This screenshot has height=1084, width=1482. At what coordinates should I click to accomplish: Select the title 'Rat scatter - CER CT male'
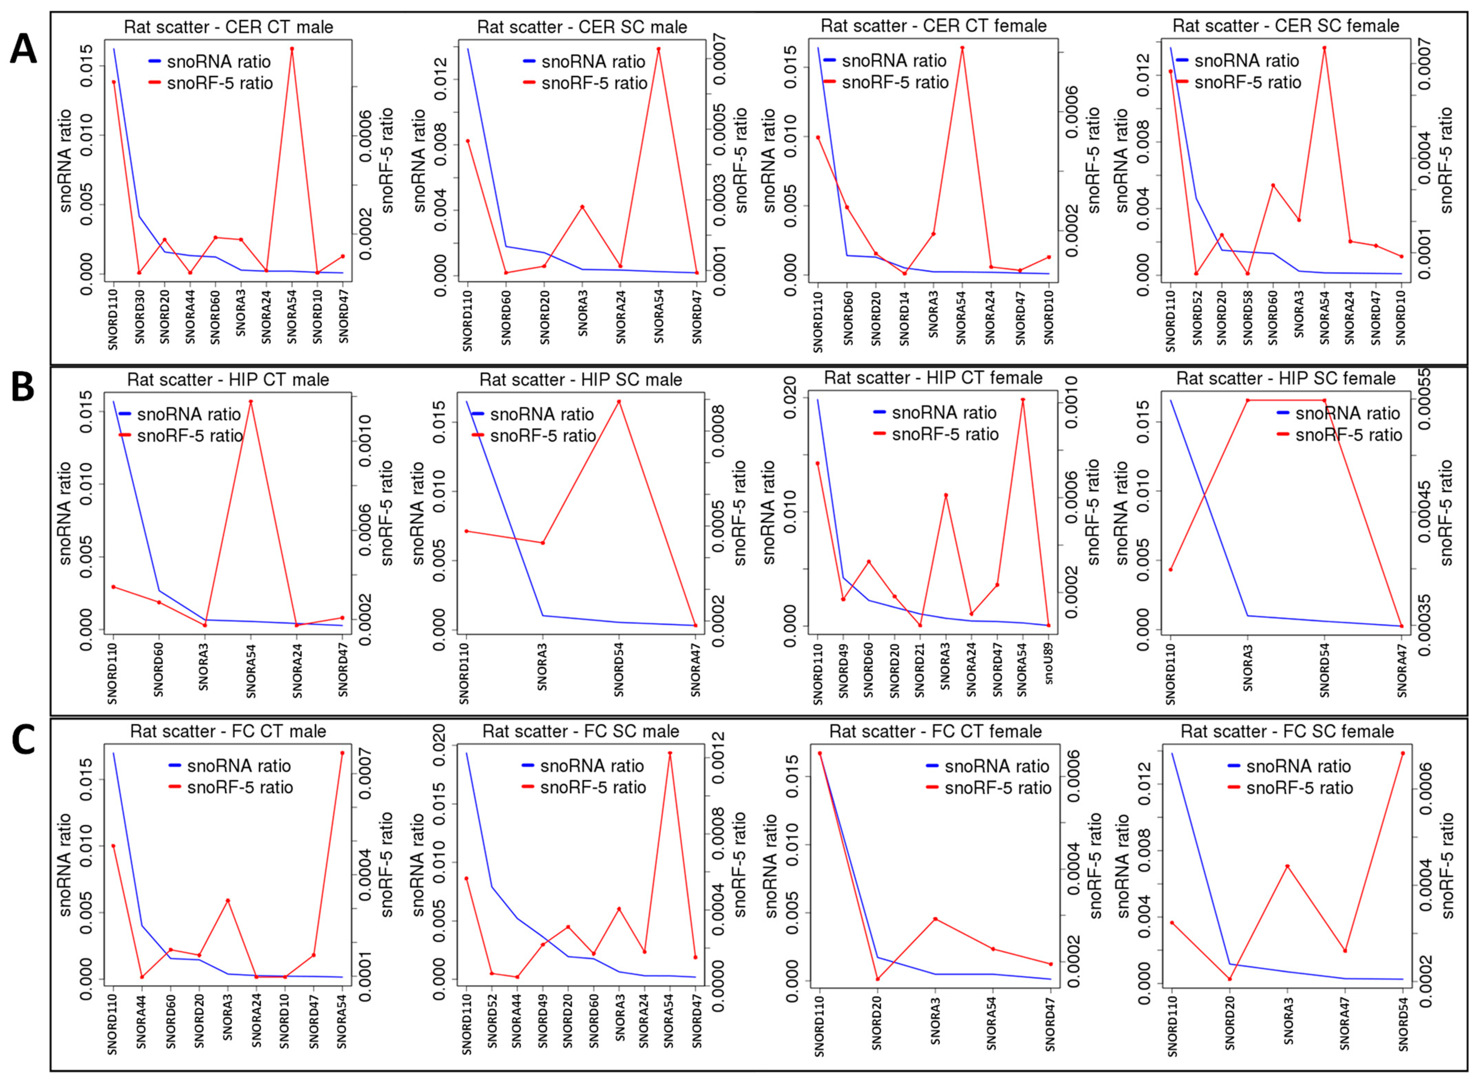228,27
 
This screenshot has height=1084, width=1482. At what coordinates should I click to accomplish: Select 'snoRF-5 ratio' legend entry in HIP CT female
945,434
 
